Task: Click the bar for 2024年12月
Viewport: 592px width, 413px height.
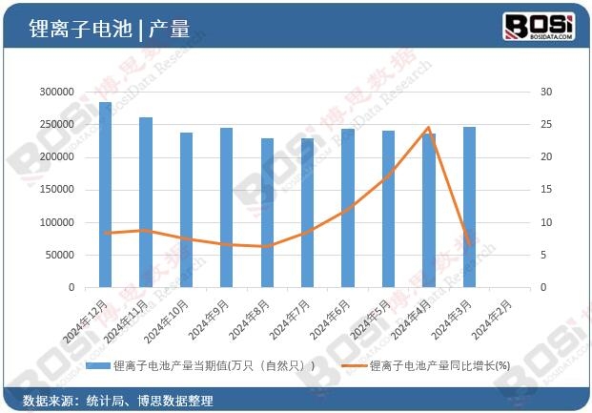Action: (105, 195)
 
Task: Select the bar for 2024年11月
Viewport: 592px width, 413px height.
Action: (146, 202)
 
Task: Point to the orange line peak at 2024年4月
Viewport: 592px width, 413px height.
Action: (428, 128)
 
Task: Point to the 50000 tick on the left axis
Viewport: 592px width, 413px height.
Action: (58, 255)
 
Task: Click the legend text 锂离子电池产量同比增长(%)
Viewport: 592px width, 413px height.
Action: (439, 365)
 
